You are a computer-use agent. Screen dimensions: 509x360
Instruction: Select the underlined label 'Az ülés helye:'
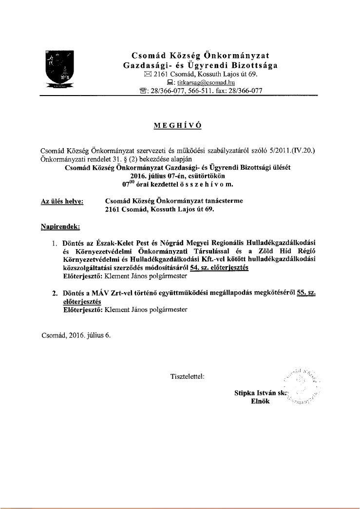(62, 201)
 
